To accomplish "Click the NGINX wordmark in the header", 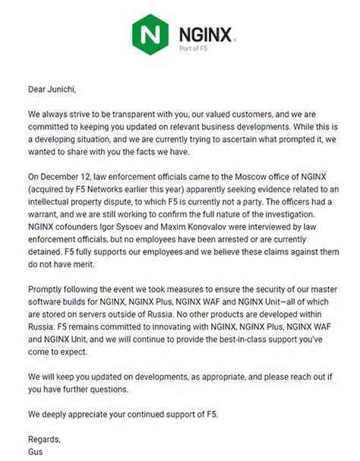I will coord(207,33).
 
